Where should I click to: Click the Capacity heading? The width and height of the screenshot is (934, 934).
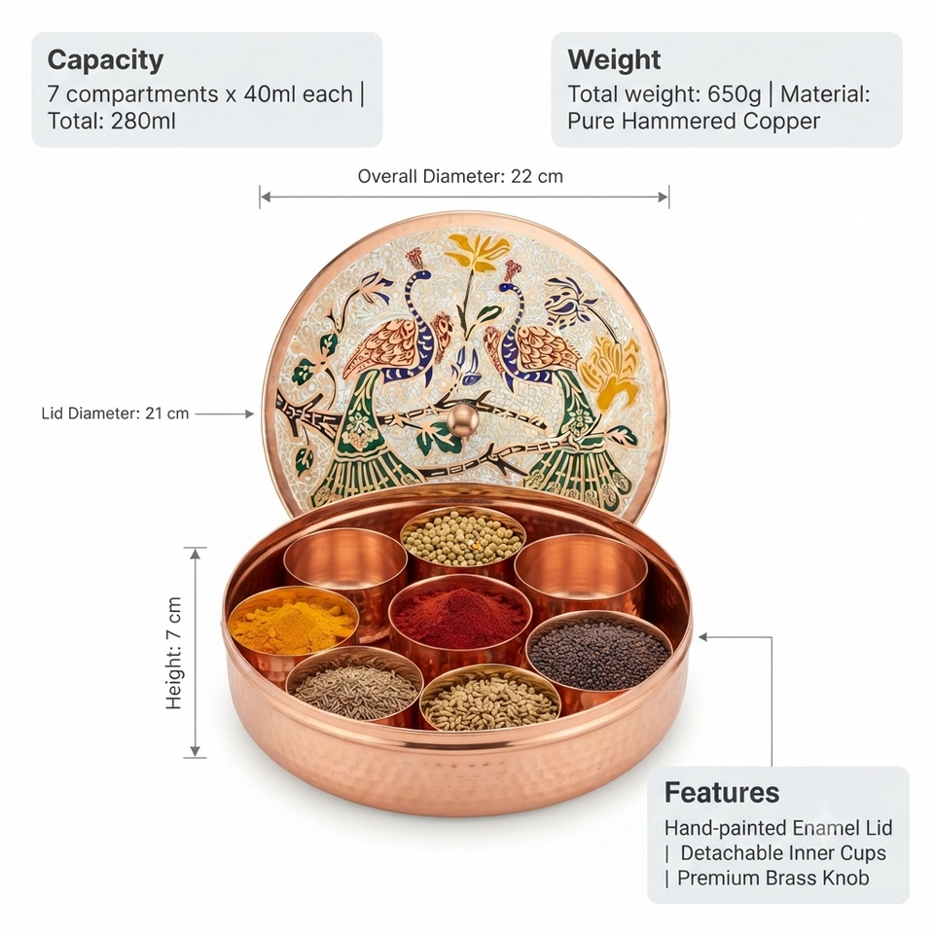(x=105, y=60)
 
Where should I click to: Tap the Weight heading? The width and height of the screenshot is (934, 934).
(x=614, y=59)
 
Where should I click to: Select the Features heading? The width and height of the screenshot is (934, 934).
(x=722, y=793)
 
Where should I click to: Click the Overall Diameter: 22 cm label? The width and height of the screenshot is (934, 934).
(x=460, y=176)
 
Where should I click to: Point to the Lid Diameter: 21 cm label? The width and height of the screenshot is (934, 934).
(x=115, y=413)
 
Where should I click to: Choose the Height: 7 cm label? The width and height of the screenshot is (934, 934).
(x=173, y=653)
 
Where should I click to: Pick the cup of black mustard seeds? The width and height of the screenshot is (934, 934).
(x=598, y=652)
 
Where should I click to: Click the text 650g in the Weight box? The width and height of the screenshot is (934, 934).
(x=735, y=94)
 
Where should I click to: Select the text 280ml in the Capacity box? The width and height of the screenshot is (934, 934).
(x=143, y=121)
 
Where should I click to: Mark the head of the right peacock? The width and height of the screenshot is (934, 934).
(x=508, y=287)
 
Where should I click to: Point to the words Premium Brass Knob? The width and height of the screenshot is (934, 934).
(x=773, y=878)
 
